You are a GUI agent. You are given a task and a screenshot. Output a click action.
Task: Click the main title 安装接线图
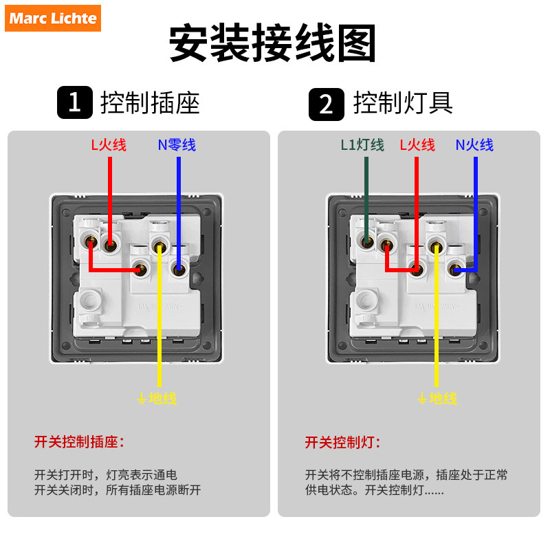(273, 45)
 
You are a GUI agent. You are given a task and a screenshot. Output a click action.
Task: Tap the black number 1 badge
(74, 103)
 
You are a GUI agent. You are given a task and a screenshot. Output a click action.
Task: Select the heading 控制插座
(150, 103)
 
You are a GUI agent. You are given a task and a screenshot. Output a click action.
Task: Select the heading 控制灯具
(403, 103)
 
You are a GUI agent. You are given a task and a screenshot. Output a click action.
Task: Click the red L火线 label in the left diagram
(109, 145)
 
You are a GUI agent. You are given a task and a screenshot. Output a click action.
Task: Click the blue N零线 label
(177, 145)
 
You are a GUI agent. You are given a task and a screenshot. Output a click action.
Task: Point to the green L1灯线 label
(362, 145)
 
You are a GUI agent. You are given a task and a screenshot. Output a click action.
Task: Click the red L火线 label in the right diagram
(417, 145)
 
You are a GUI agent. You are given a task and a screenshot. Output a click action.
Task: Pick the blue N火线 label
(474, 145)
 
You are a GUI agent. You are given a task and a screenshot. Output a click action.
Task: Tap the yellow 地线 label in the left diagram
(157, 398)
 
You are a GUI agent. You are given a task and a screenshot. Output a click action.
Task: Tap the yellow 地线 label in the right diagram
(437, 398)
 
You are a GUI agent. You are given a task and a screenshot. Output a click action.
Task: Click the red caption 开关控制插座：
(80, 442)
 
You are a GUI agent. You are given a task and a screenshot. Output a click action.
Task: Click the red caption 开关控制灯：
(343, 442)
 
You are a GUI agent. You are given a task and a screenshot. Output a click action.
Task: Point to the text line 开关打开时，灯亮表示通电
(106, 474)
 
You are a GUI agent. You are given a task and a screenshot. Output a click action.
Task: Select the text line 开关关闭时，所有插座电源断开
(118, 490)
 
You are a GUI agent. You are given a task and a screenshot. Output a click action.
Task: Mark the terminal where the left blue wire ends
(179, 269)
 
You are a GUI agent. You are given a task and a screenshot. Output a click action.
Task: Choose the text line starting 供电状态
(375, 490)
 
